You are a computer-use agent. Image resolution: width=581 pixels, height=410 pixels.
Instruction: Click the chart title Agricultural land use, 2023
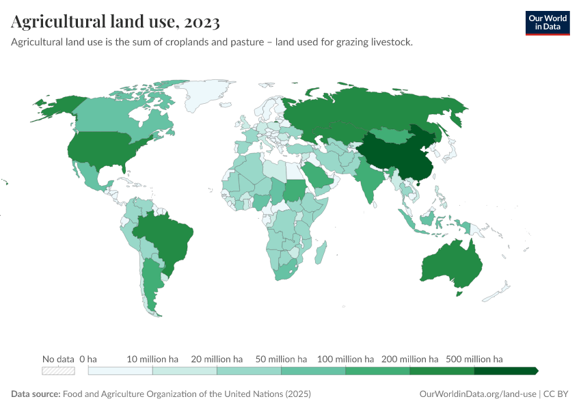[116, 23]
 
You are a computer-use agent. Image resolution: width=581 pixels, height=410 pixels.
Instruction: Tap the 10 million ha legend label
[152, 359]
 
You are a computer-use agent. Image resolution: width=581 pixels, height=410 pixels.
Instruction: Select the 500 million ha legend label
[474, 359]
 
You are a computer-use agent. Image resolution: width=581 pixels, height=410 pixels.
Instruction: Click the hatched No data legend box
[58, 371]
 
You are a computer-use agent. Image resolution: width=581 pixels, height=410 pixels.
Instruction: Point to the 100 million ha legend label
[345, 359]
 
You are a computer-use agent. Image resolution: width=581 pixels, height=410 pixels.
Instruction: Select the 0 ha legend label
[88, 359]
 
